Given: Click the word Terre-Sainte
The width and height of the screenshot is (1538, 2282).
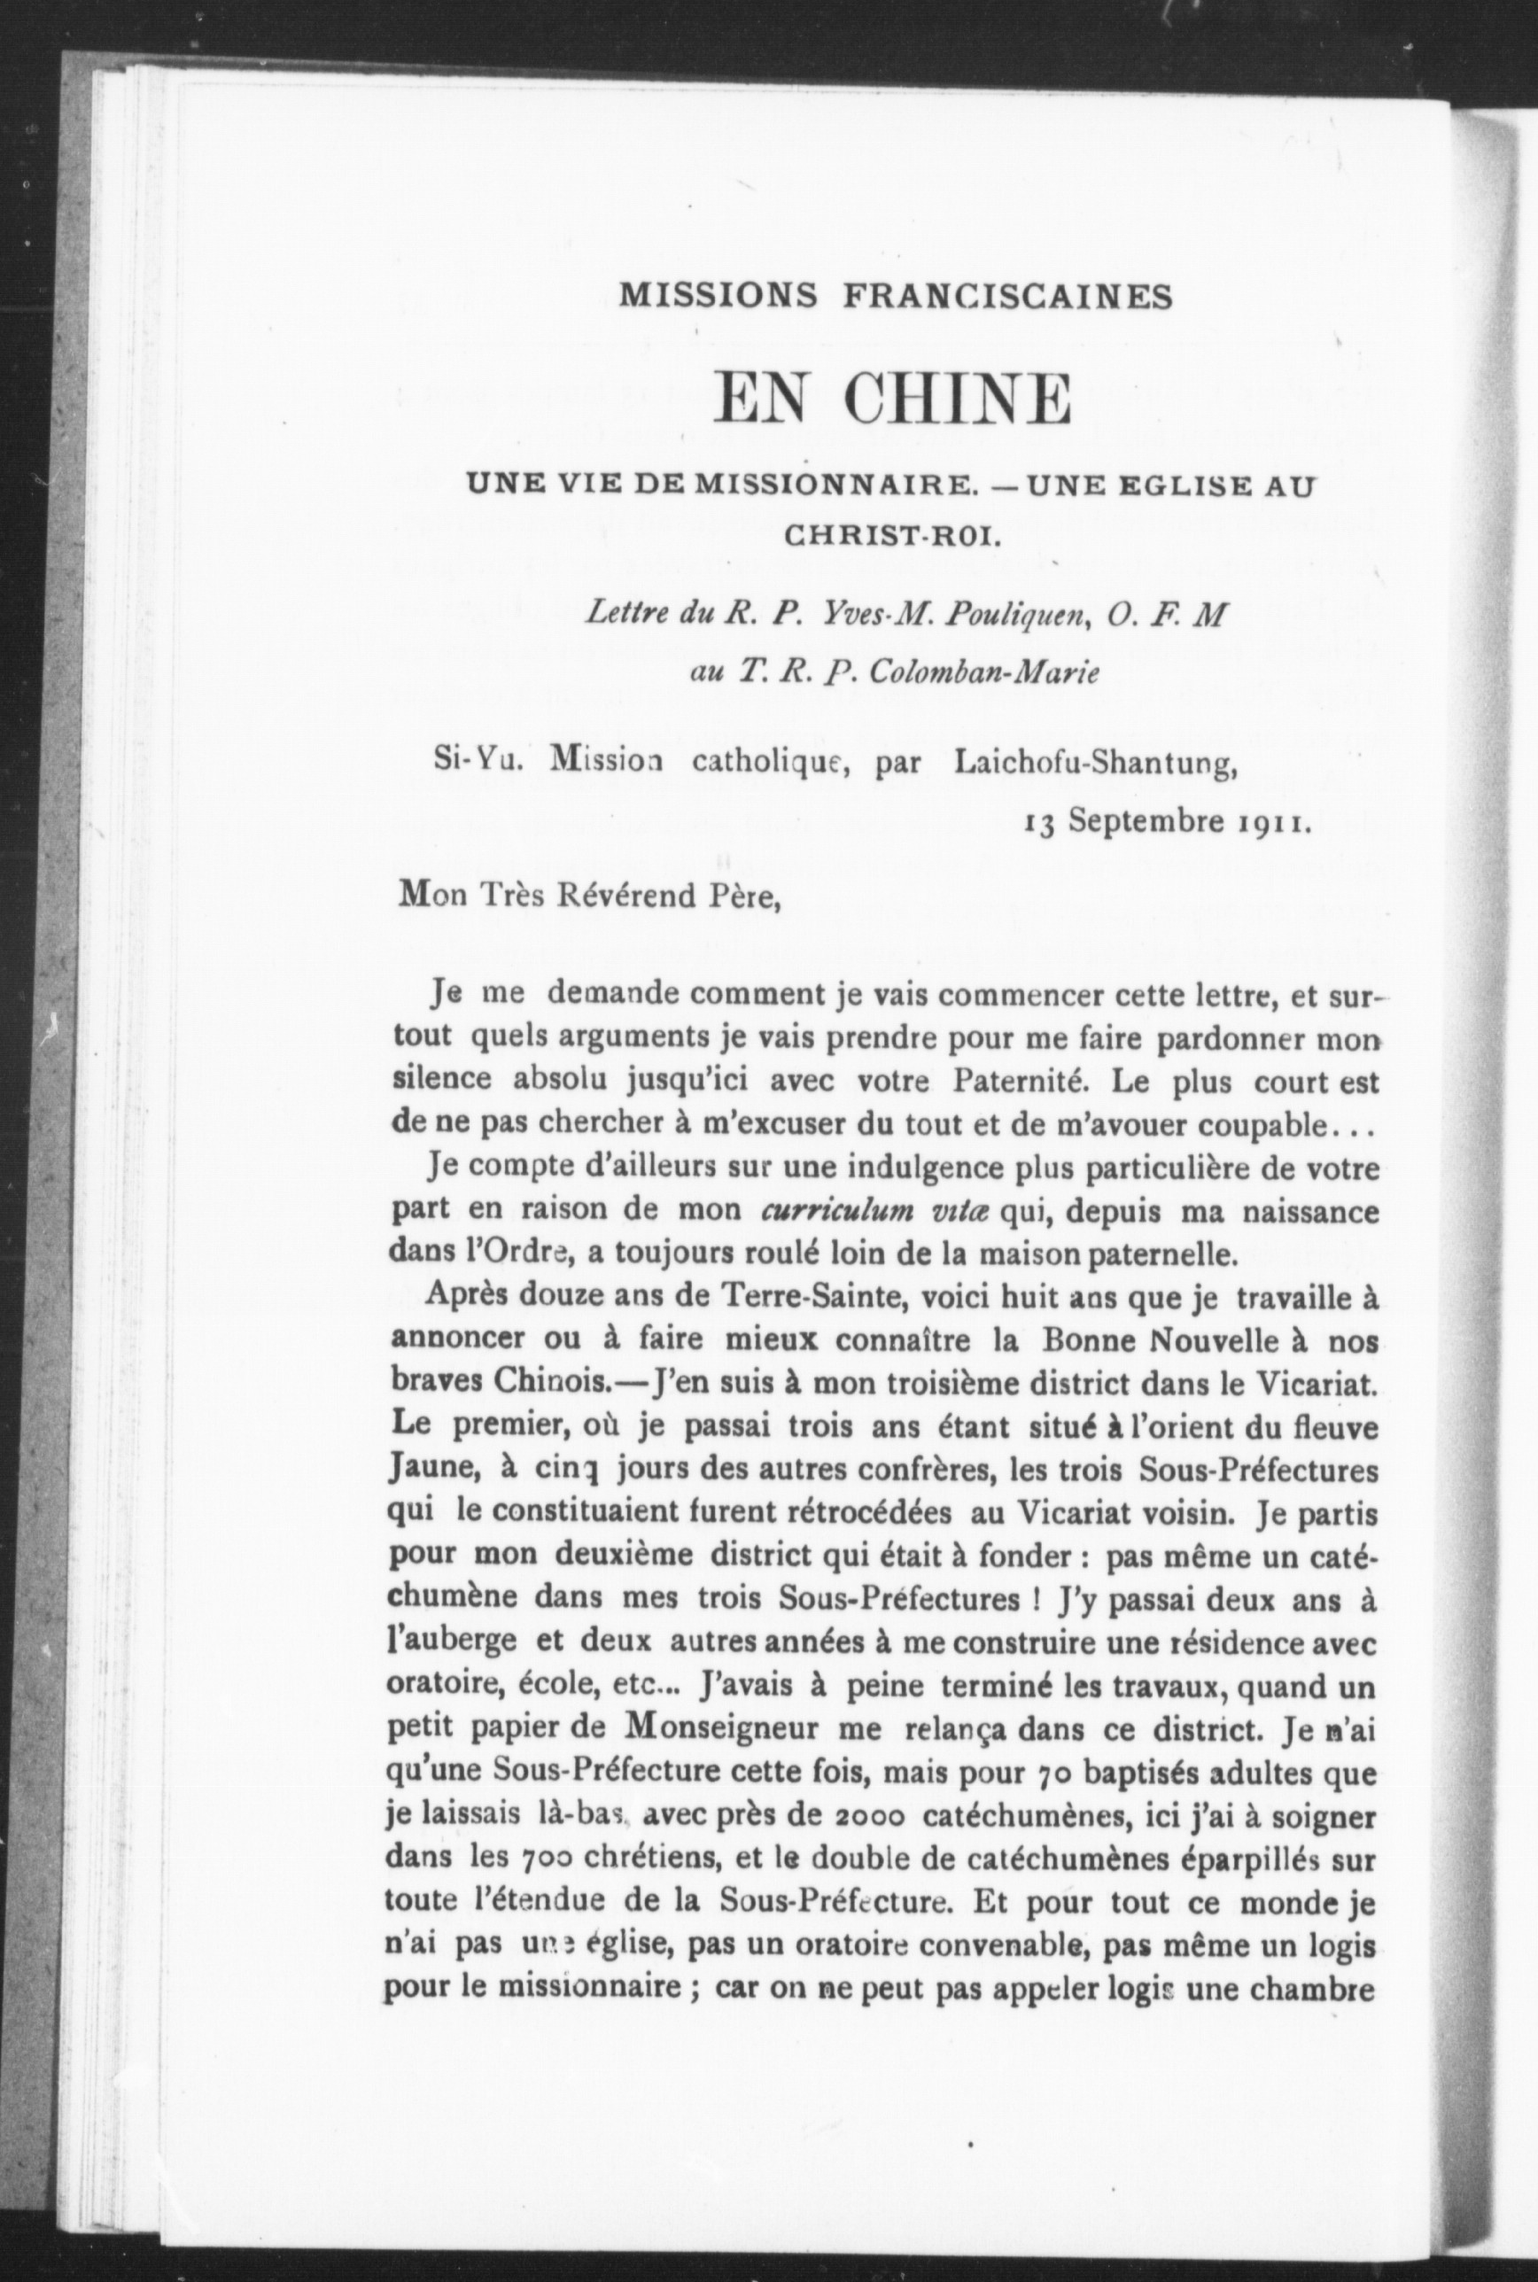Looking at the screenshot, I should click(x=812, y=1299).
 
